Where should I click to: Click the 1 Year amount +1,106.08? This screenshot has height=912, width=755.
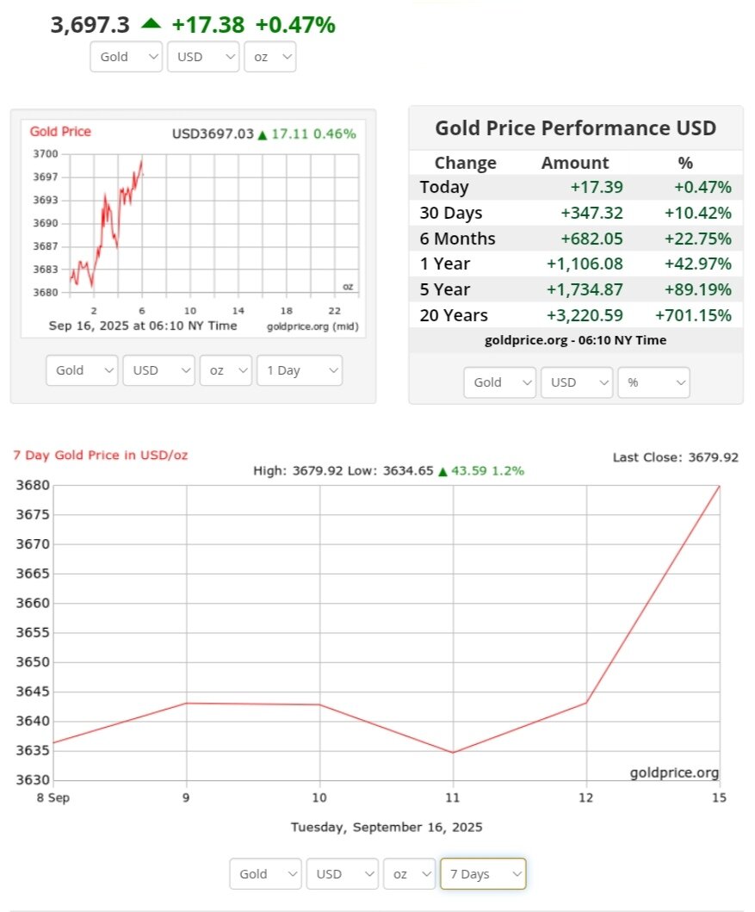tap(585, 264)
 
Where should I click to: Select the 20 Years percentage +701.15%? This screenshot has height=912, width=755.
tap(693, 315)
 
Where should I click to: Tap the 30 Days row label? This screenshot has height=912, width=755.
tap(450, 213)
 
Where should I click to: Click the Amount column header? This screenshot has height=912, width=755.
tap(574, 163)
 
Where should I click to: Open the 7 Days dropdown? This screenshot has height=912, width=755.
tap(482, 873)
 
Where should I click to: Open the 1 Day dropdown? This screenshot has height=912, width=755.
tap(299, 370)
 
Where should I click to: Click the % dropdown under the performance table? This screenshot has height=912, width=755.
tap(653, 382)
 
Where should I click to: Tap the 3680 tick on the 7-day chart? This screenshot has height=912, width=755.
tap(32, 486)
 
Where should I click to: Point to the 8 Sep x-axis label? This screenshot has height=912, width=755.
tap(53, 797)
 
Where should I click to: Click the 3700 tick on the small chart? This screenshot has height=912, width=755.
tap(46, 154)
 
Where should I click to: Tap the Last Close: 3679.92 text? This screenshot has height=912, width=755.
tap(675, 457)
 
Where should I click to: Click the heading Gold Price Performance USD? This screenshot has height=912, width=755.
tap(575, 128)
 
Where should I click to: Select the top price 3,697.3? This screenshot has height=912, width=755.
tap(90, 25)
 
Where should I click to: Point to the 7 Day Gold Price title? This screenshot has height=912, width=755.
tap(100, 455)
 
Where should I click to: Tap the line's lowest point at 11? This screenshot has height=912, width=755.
tap(453, 753)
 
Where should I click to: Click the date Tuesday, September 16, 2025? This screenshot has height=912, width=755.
tap(386, 827)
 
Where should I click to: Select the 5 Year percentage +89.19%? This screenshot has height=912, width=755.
tap(697, 289)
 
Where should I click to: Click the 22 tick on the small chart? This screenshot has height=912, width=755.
tap(335, 311)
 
